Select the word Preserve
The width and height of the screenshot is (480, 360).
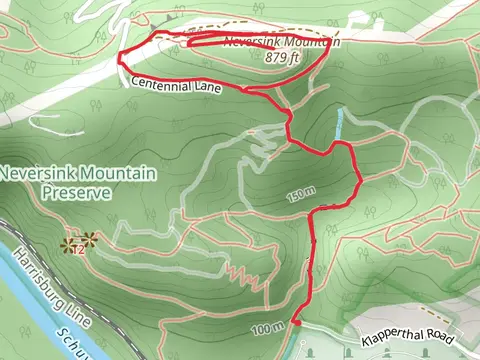68,192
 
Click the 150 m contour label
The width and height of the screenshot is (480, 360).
299,194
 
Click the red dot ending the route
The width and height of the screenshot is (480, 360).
296,322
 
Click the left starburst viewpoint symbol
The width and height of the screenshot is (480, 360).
68,243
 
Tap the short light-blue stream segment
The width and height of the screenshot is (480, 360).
340,125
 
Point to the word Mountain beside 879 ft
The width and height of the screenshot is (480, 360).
312,43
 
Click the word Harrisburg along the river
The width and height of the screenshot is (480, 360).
27,276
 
